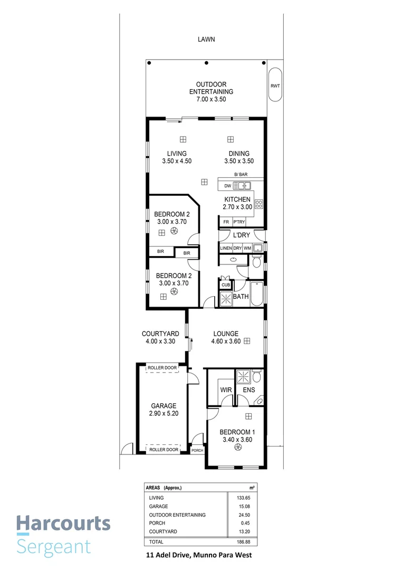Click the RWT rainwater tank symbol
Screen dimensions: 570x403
coord(275,85)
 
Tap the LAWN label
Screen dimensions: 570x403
coord(206,39)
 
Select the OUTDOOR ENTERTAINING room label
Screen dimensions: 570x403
coord(211,88)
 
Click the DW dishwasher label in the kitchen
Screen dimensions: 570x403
coord(227,186)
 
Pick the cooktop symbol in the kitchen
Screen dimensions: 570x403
coord(258,204)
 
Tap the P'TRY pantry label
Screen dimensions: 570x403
coord(245,222)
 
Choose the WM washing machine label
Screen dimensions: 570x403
coord(247,248)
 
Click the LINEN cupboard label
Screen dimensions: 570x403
coord(226,248)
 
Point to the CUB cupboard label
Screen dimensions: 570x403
coord(226,285)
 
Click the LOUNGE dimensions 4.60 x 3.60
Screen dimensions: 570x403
coord(226,341)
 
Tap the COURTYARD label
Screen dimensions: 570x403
coord(160,334)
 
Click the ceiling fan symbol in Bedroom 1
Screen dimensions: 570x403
coord(238,448)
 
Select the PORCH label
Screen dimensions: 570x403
coord(197,450)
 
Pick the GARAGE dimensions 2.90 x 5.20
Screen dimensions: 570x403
coord(163,413)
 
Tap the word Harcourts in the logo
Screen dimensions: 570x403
coord(63,524)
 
